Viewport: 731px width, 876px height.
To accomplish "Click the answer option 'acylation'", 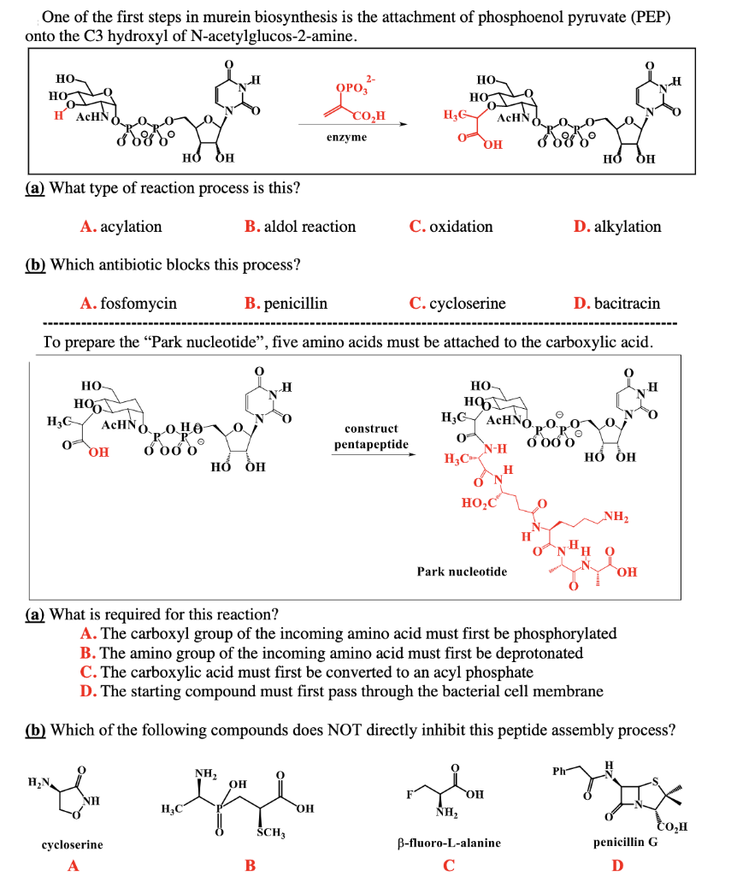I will coord(131,227).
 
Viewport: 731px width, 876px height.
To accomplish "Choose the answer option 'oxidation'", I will coord(461,227).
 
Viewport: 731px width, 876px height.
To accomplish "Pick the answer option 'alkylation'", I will coord(628,227).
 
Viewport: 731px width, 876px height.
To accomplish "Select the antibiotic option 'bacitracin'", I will coord(628,303).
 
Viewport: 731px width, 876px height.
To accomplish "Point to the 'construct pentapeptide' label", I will coord(371,436).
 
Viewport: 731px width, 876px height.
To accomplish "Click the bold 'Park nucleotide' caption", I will coord(463,571).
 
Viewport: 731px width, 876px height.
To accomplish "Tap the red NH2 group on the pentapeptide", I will coord(616,514).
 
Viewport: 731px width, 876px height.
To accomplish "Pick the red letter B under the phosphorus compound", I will coord(251,865).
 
